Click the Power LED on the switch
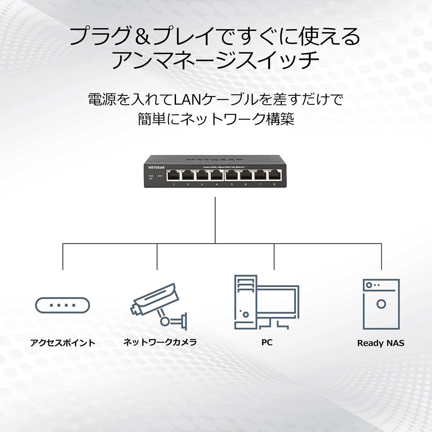point(151,179)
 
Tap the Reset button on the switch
point(160,178)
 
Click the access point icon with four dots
point(62,305)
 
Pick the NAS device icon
point(381,304)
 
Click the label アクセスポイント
point(62,343)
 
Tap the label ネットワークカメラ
point(160,342)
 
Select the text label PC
point(267,342)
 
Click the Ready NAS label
point(381,343)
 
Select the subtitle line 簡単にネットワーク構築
point(216,119)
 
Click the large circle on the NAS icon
point(381,304)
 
